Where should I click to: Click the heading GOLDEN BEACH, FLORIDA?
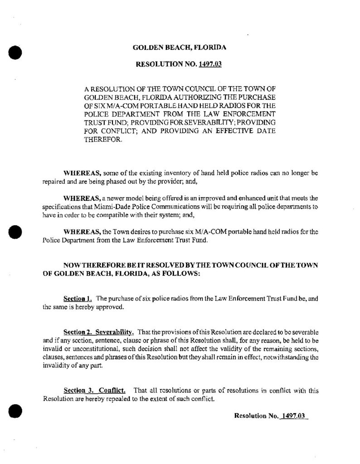pos(180,47)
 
